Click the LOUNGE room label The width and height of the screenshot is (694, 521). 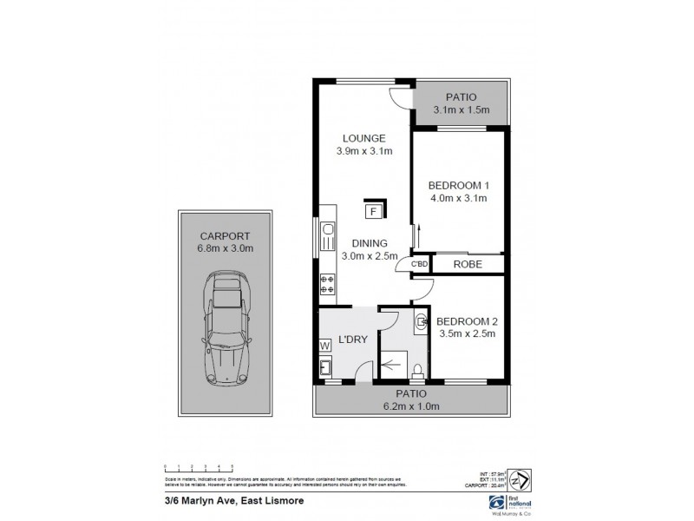(x=364, y=138)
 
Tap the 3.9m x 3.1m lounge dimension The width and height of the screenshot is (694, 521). (x=364, y=151)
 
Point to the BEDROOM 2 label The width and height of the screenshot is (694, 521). (x=466, y=320)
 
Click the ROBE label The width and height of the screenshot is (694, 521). (x=467, y=264)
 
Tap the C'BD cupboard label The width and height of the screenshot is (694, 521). (x=420, y=264)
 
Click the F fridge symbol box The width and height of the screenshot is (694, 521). (x=373, y=211)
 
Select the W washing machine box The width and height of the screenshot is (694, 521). (x=325, y=346)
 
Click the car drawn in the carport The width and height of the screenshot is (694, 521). (x=225, y=331)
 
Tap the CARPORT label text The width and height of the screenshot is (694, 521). (x=225, y=235)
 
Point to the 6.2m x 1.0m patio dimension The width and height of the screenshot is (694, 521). (x=412, y=406)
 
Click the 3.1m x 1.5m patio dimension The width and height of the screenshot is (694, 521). (x=462, y=110)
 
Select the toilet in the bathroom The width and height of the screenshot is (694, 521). (x=418, y=372)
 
